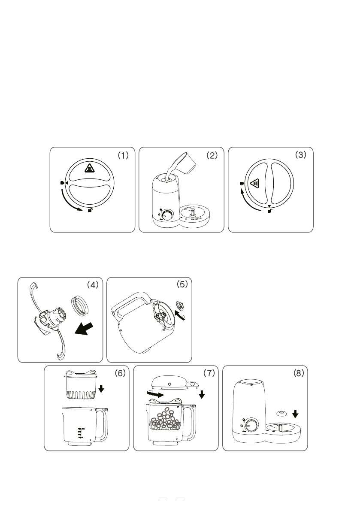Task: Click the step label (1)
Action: coord(123,156)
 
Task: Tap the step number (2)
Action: coord(212,156)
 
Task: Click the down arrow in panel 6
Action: coord(101,389)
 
